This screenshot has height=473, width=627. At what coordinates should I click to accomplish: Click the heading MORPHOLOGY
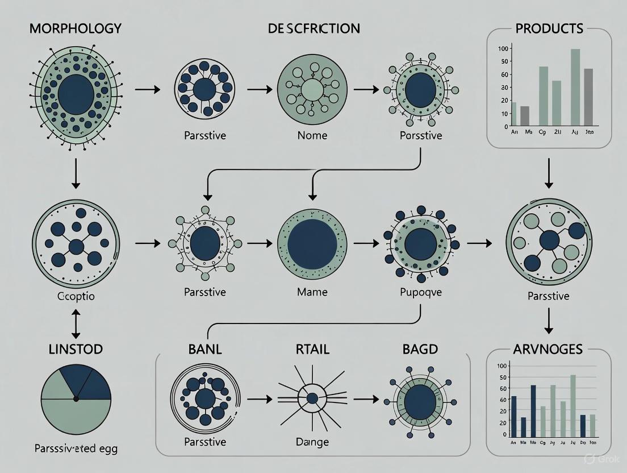click(76, 28)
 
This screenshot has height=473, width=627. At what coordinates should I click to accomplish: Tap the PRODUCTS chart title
click(549, 28)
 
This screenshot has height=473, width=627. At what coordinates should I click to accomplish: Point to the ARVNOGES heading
click(549, 348)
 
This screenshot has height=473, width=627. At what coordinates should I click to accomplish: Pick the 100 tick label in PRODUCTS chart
click(503, 48)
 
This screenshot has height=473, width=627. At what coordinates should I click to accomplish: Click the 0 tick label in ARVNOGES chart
click(504, 434)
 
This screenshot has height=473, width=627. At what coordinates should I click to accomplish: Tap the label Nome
click(313, 135)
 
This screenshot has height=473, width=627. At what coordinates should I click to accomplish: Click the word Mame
click(313, 292)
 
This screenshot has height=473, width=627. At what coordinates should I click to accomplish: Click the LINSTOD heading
click(76, 348)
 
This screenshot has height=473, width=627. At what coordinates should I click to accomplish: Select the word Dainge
click(313, 442)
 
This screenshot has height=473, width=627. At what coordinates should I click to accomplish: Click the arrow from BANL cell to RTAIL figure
click(259, 399)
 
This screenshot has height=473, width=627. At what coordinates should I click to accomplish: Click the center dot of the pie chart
click(76, 399)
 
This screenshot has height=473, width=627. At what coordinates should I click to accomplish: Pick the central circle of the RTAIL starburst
click(312, 399)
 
